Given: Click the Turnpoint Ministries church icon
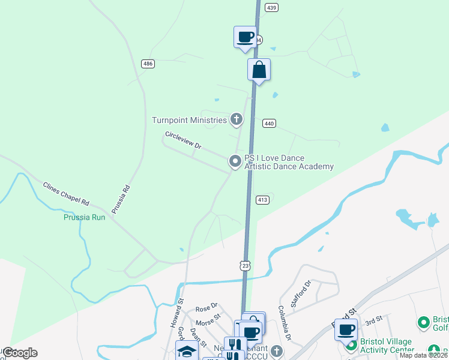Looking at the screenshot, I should coord(237,119).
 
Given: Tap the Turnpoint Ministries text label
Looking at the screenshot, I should coord(189,120).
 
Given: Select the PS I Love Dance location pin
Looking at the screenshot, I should coord(235,161).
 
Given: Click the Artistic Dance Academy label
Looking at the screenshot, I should coord(289,166).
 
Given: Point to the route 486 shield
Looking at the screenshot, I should coord(148,64).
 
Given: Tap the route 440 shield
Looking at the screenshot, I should coord(269,124).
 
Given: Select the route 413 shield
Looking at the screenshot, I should coord(262,199).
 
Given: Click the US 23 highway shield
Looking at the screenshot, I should coord(245,265).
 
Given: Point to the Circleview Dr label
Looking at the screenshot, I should coord(184,140).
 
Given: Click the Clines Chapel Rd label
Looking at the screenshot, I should coord(66,193).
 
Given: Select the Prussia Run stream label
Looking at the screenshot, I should coord(84,217).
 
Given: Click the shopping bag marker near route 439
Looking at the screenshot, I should coord(259,70).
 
